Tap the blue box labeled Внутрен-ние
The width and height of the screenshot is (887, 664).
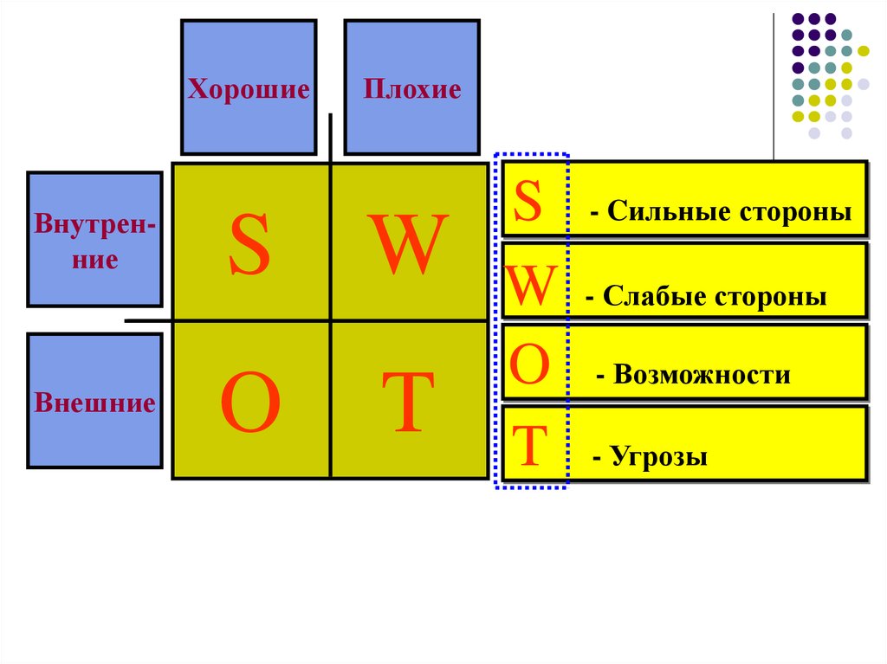coord(94,239)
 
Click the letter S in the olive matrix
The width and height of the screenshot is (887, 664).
coord(249,246)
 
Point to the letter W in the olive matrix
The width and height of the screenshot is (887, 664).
coord(409,246)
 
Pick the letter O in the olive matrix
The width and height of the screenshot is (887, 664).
coord(249,405)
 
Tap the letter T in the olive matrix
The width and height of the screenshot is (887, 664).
coord(409,403)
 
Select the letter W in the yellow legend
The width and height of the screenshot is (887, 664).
coord(530,287)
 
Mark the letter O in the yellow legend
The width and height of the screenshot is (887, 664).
coord(529,366)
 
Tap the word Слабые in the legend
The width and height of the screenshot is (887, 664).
coord(654,297)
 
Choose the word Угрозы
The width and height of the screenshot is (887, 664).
coord(658,456)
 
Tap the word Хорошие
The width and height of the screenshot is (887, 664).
coord(249,89)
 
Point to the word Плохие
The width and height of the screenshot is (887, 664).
coord(411,89)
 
